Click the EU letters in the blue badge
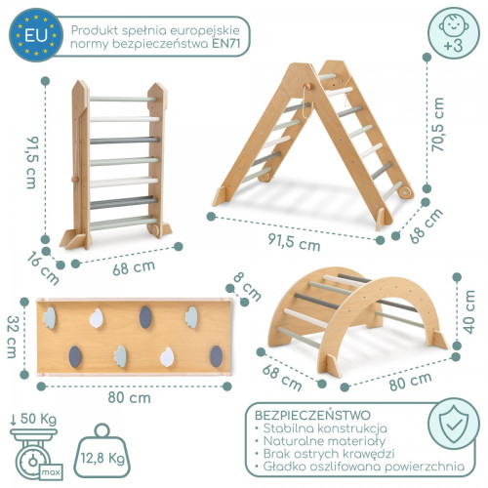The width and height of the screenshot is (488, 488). point(36,35)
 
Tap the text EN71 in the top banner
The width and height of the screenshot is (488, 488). point(226,44)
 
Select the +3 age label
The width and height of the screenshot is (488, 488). point(454,45)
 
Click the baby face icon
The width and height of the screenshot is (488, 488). point(454,25)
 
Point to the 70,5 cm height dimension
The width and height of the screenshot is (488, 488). point(437,124)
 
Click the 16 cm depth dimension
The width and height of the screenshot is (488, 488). point(43,268)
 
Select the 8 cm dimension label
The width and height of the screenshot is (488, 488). point(248,287)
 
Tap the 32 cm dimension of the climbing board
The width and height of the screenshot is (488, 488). point(12,337)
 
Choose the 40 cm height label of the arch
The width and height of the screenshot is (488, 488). point(468,311)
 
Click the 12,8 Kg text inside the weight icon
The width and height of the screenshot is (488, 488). point(102,459)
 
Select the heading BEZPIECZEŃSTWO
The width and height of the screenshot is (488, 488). point(312,415)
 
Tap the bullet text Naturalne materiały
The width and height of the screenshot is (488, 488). point(324,441)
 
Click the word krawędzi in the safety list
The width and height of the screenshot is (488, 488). point(367,454)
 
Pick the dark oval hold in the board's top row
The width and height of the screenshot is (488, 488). point(145,317)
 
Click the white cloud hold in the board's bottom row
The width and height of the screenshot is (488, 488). point(167,357)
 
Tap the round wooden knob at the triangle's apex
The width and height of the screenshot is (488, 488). point(306,86)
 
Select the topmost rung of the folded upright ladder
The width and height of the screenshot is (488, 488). point(123,99)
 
